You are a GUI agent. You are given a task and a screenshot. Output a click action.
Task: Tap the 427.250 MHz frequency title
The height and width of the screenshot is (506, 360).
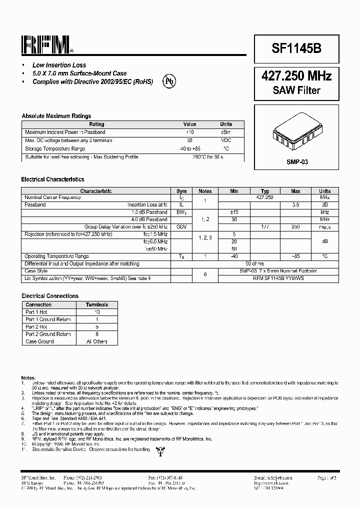296,76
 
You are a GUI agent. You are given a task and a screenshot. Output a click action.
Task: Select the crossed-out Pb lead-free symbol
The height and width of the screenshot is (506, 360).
170,81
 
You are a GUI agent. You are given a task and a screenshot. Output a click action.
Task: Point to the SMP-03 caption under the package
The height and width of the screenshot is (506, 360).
296,162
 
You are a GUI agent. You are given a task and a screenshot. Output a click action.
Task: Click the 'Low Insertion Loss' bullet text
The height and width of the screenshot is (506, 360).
59,65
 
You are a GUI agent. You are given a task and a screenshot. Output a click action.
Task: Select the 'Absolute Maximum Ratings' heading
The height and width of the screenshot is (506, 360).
56,116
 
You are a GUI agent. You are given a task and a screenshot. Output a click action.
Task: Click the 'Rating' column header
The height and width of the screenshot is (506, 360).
96,124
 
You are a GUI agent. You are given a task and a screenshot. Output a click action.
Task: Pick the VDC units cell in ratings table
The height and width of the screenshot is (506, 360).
226,140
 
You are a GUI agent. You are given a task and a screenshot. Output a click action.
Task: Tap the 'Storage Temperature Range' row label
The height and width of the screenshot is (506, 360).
55,148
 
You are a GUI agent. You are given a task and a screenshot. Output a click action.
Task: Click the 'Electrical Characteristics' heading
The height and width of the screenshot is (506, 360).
52,179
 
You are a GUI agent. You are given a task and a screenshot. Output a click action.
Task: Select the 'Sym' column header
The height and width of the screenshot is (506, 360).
181,191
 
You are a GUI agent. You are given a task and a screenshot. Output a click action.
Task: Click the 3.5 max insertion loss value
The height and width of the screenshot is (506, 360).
295,205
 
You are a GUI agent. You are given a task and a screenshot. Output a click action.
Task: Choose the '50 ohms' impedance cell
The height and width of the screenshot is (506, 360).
255,263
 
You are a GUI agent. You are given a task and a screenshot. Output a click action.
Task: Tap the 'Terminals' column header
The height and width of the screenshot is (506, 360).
97,304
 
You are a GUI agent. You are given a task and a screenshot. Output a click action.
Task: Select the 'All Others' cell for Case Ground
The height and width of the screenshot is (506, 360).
97,341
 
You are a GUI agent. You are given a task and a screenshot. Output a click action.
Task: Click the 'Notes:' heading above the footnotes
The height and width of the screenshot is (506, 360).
28,377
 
